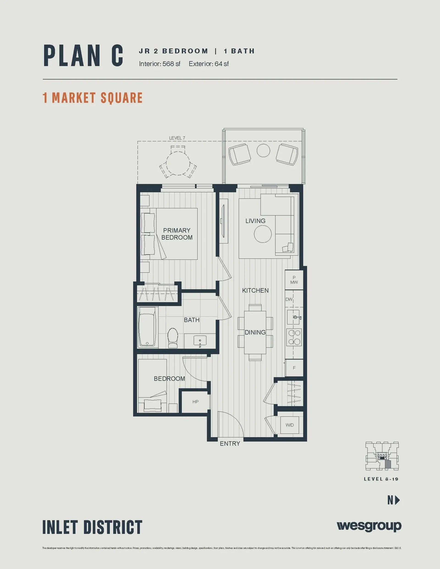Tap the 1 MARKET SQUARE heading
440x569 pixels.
pos(92,98)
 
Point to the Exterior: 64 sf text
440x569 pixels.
pos(209,64)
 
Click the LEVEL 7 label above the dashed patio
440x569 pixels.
pos(177,138)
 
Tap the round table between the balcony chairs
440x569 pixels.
pos(263,150)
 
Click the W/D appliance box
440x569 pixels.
pos(289,425)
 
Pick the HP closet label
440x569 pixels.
pos(195,402)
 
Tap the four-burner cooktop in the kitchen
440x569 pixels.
pos(294,337)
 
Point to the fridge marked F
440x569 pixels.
pos(294,368)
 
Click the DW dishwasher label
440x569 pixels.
pos(289,299)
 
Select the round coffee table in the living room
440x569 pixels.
pos(263,234)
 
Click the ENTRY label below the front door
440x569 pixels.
pos(230,444)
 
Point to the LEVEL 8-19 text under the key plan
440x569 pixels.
pos(381,479)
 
